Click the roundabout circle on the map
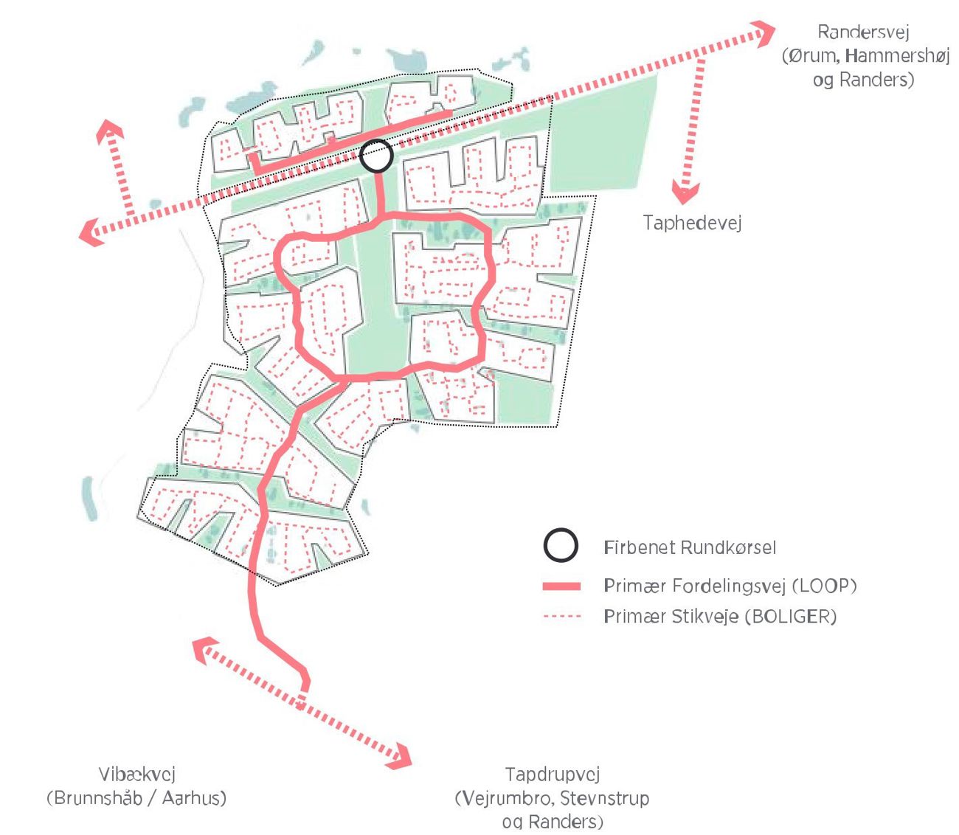tap(377, 156)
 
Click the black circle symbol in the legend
tap(560, 547)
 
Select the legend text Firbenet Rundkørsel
tap(689, 547)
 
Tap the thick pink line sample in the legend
tap(561, 586)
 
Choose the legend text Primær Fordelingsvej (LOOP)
tap(730, 586)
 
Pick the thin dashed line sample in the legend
tap(561, 617)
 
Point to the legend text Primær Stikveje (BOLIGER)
tap(719, 617)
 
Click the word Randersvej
tap(863, 32)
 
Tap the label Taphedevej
tap(691, 223)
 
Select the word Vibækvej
tap(136, 774)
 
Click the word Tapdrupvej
tap(552, 774)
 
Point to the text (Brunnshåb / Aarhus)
tap(136, 798)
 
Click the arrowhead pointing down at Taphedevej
tap(685, 194)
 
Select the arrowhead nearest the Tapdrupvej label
tap(401, 757)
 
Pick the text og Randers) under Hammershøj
tap(863, 80)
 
